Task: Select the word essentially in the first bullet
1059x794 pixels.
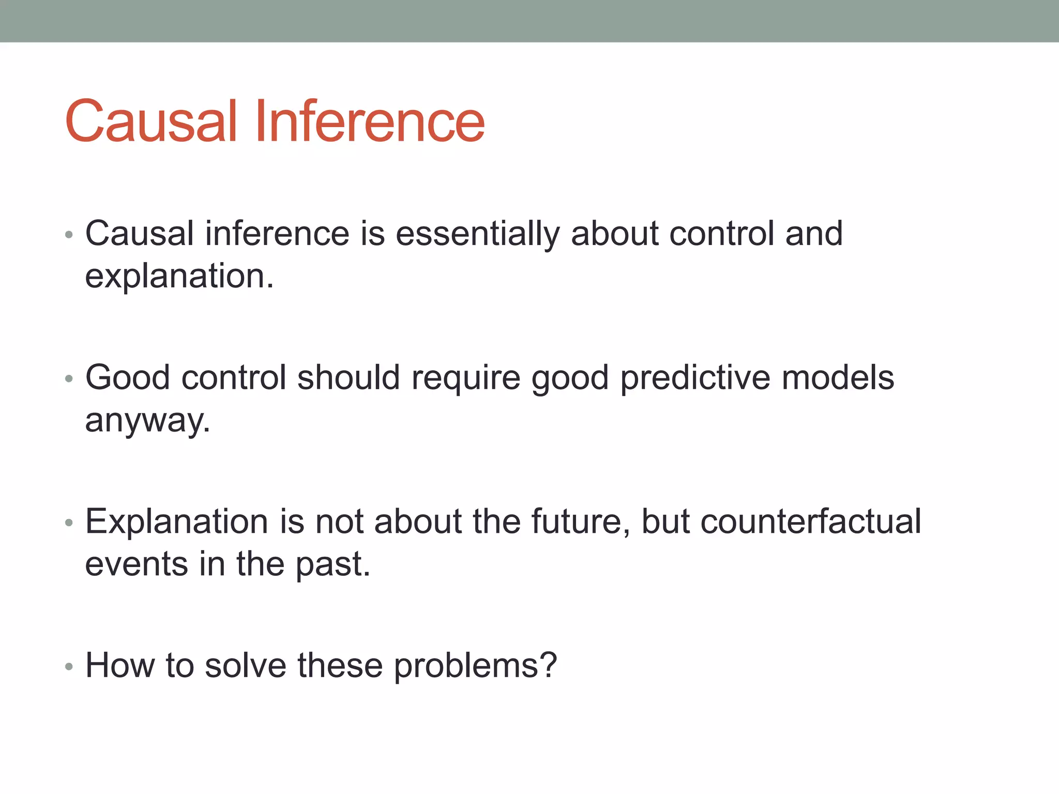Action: pos(477,234)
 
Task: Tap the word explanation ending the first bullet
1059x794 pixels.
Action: pos(179,277)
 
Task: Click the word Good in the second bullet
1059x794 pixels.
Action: pos(128,377)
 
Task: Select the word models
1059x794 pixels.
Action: pos(838,377)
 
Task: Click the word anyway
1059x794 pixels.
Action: pos(147,421)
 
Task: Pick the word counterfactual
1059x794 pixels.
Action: pos(810,521)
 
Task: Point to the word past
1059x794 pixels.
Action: pos(333,564)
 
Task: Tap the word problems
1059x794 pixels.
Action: pos(475,666)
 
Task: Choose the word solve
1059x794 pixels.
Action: pos(246,665)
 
